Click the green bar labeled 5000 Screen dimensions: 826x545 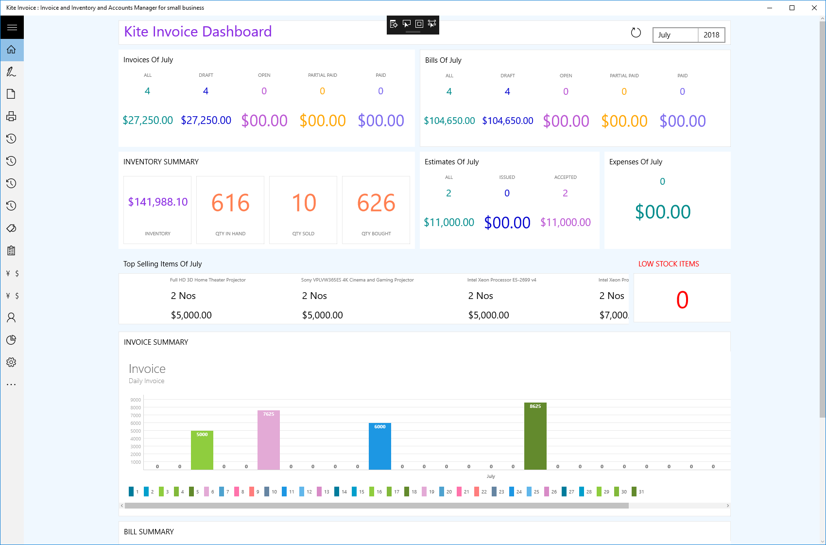(202, 450)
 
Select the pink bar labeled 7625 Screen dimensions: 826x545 (268, 440)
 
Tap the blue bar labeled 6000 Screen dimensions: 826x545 (380, 446)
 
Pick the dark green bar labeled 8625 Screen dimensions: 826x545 (535, 436)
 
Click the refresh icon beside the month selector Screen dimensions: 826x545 (636, 33)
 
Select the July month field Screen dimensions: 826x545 (675, 35)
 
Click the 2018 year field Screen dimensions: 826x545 (711, 35)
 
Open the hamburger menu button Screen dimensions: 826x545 (12, 27)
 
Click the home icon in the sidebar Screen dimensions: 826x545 (12, 50)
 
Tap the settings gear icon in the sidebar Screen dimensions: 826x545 (12, 362)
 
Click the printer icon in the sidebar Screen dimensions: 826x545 (12, 116)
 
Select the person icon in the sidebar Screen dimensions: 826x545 (12, 317)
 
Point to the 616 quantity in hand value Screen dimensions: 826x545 (230, 203)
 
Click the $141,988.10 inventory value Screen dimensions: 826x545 (158, 202)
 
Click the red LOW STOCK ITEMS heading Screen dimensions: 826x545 (669, 264)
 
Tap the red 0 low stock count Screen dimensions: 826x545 (682, 299)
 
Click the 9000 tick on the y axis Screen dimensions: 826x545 (136, 400)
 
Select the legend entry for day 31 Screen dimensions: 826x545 (638, 492)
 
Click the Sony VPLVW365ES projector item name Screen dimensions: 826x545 (357, 280)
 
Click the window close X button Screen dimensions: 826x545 (814, 8)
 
